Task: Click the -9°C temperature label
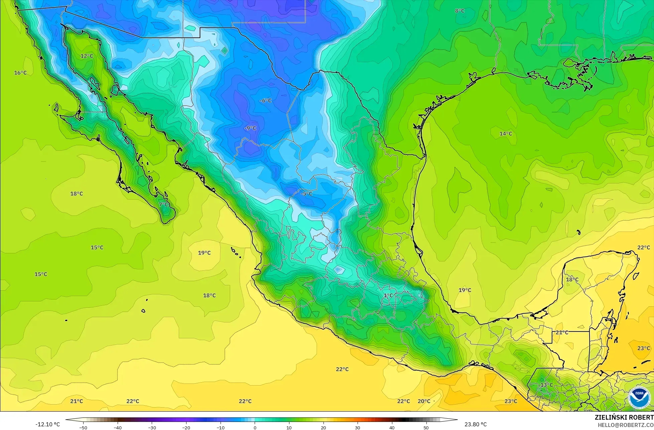click(x=250, y=128)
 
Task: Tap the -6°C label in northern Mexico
click(x=266, y=101)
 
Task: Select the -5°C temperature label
click(x=306, y=194)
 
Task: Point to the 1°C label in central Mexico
click(x=388, y=295)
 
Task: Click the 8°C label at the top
click(x=460, y=11)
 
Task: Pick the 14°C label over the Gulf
click(x=505, y=134)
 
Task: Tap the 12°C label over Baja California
click(x=87, y=56)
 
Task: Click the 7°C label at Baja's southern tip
click(x=164, y=204)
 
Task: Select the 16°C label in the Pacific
click(x=20, y=73)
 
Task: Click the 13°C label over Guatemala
click(x=547, y=385)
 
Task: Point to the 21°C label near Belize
click(x=562, y=332)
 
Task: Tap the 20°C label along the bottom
click(x=424, y=401)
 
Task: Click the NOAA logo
click(x=639, y=397)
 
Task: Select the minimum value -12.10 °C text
click(x=47, y=424)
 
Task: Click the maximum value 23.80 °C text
click(x=476, y=424)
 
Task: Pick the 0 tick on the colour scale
click(x=255, y=427)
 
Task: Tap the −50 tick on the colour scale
click(x=83, y=427)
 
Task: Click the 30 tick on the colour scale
click(x=357, y=427)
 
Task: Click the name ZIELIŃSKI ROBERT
click(x=624, y=417)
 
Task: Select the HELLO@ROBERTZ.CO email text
click(x=626, y=425)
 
